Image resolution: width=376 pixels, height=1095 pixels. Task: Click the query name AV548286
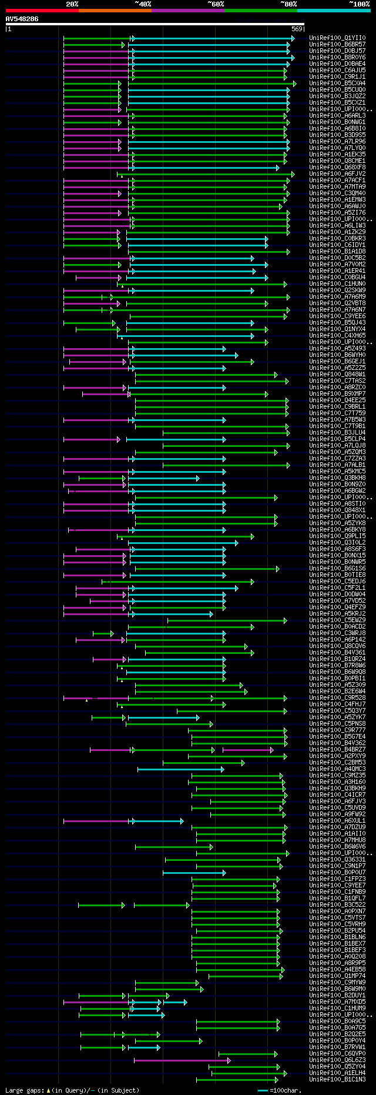22,19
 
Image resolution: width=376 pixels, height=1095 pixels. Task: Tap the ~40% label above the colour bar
143,4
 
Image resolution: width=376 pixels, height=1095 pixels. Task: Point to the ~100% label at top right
359,4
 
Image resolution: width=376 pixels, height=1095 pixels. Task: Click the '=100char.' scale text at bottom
285,1091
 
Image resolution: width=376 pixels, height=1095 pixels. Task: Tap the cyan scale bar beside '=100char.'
263,1091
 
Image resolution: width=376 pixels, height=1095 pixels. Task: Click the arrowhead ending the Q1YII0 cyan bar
293,38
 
